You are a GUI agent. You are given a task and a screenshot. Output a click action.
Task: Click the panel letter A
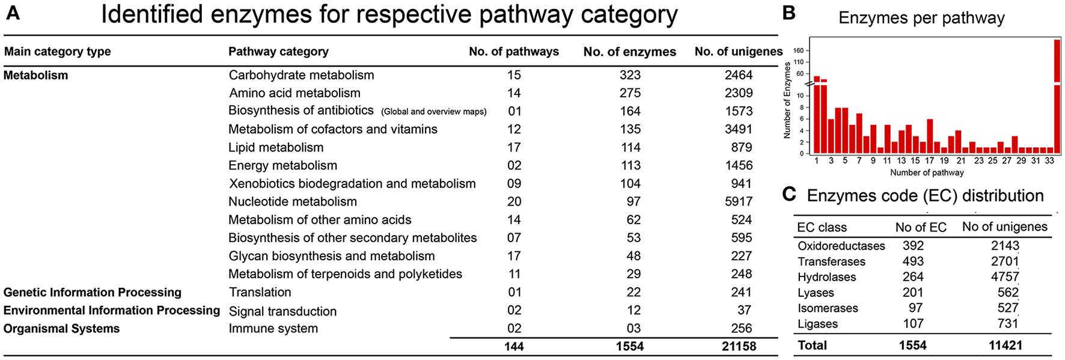tap(13, 13)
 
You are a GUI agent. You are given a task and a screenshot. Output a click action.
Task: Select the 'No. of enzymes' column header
tap(629, 52)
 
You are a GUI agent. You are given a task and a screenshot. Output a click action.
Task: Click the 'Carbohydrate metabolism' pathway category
tap(301, 75)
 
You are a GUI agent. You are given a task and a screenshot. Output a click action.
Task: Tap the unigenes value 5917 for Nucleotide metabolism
tap(739, 202)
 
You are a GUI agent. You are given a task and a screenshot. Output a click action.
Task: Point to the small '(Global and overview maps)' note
tap(433, 112)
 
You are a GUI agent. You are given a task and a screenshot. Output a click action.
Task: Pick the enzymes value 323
tap(630, 75)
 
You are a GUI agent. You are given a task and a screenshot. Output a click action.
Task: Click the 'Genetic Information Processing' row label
tap(93, 293)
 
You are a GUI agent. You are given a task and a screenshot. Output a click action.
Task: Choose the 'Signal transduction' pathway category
tap(282, 311)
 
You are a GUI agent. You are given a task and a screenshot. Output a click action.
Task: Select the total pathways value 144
tap(514, 347)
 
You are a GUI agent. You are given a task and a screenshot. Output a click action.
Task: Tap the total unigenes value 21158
tap(739, 347)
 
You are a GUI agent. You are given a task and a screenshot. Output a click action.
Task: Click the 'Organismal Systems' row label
tap(61, 329)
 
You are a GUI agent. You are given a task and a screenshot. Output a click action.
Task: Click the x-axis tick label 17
tap(929, 161)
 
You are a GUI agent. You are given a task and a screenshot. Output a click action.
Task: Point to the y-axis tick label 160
tap(798, 51)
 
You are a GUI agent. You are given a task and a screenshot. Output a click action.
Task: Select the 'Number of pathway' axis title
tap(927, 173)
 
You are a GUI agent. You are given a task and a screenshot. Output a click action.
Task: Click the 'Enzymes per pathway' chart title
tap(921, 18)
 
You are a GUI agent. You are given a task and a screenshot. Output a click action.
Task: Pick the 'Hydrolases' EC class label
tap(826, 277)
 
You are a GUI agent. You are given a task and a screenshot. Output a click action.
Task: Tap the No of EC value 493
tap(913, 261)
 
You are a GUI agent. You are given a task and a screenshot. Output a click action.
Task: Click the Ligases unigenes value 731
tap(1008, 324)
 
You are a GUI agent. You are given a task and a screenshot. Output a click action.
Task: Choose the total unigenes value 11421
tap(1005, 346)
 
